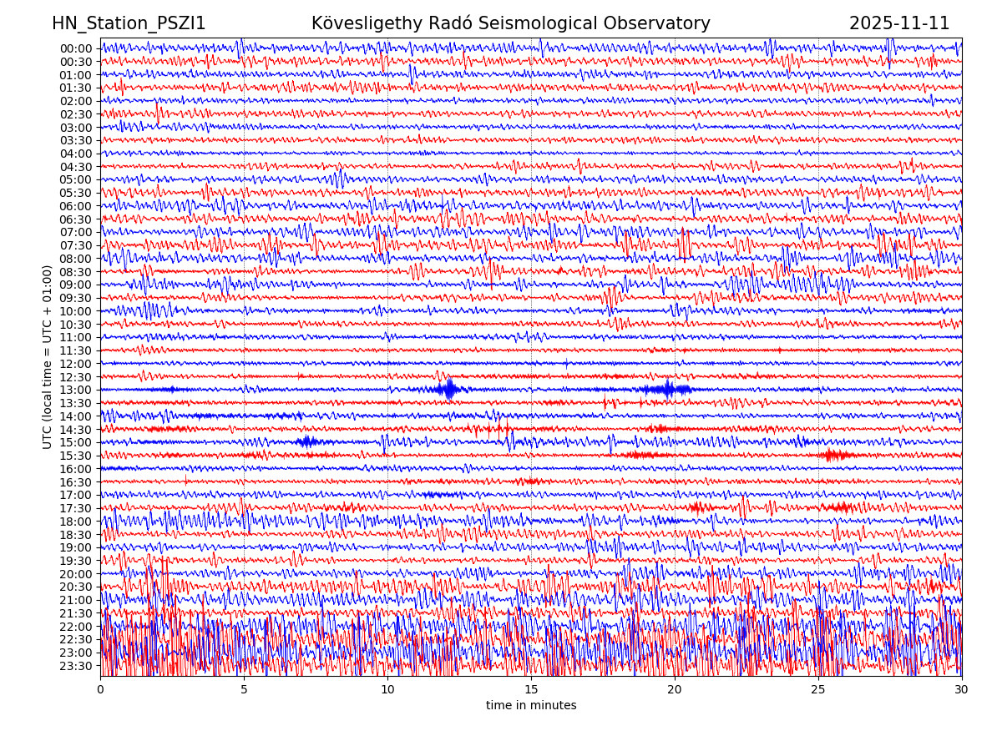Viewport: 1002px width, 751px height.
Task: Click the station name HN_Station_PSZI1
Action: coord(129,24)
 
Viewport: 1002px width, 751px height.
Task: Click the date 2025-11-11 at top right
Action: coord(899,24)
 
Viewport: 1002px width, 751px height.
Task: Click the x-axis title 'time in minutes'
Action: coord(531,706)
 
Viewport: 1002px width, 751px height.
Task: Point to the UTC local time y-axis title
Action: coord(48,356)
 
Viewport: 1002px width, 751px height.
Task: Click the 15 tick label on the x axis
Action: coord(531,690)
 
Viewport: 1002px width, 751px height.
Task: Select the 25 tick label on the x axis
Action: coord(818,690)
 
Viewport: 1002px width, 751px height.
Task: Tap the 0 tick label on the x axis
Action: coord(100,690)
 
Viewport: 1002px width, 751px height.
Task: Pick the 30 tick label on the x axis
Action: coord(962,690)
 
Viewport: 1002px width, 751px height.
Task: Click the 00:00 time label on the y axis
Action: coord(75,48)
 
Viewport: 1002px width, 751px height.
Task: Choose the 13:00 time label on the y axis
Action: coord(75,390)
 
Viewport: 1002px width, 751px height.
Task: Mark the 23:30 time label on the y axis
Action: coord(75,666)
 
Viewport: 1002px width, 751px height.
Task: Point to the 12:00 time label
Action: coord(75,364)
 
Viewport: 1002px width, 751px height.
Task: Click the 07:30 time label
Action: coord(75,245)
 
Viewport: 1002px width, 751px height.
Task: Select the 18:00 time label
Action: coord(75,522)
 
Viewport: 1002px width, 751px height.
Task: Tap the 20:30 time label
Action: coord(75,587)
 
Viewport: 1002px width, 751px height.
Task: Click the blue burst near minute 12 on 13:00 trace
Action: coord(449,389)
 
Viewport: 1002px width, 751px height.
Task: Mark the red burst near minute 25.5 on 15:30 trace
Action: coord(835,455)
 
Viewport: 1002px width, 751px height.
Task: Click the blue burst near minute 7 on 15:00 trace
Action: coord(306,441)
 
